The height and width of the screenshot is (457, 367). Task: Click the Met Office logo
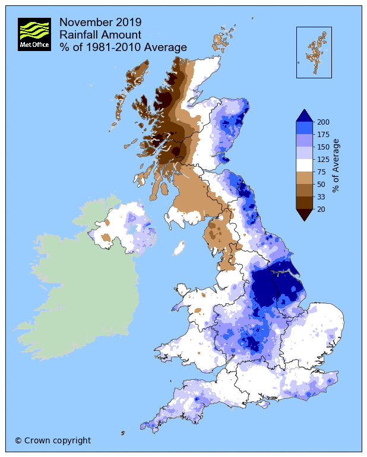[34, 34]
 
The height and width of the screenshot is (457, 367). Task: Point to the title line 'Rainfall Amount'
[100, 35]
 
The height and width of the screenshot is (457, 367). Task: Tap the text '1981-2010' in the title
[109, 47]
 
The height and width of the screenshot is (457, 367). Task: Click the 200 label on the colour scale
[323, 122]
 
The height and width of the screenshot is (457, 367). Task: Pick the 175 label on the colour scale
[323, 134]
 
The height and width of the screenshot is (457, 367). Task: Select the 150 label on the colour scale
[323, 147]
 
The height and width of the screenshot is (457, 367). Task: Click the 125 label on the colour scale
[323, 159]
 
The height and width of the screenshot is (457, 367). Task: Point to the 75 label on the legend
[321, 172]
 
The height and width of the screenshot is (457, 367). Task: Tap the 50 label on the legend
[321, 185]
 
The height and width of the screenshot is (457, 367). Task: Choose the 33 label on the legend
[321, 197]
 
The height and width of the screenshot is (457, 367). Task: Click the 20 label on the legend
[321, 210]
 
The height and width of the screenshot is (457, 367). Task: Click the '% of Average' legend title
[336, 165]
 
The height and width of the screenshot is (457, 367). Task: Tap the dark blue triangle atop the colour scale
[304, 115]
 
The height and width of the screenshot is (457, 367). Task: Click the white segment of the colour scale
[304, 165]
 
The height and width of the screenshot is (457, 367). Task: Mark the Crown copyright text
[53, 440]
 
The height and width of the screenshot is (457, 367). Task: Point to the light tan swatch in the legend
[304, 178]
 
